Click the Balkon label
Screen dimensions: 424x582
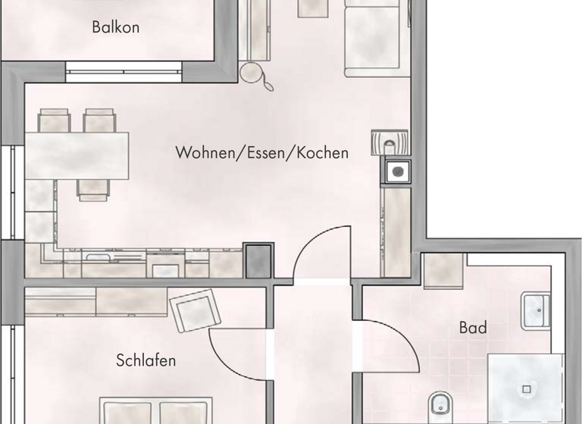(x=115, y=28)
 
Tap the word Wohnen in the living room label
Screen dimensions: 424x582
(x=202, y=153)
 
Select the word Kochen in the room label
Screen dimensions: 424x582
(x=322, y=153)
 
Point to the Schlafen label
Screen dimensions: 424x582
(x=145, y=360)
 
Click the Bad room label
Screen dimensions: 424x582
(x=473, y=329)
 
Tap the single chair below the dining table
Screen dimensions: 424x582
(x=94, y=189)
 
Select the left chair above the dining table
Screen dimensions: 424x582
(x=54, y=121)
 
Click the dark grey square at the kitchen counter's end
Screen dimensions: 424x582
(x=258, y=260)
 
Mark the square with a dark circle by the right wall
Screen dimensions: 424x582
(x=396, y=171)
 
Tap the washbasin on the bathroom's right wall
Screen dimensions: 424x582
(x=537, y=310)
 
